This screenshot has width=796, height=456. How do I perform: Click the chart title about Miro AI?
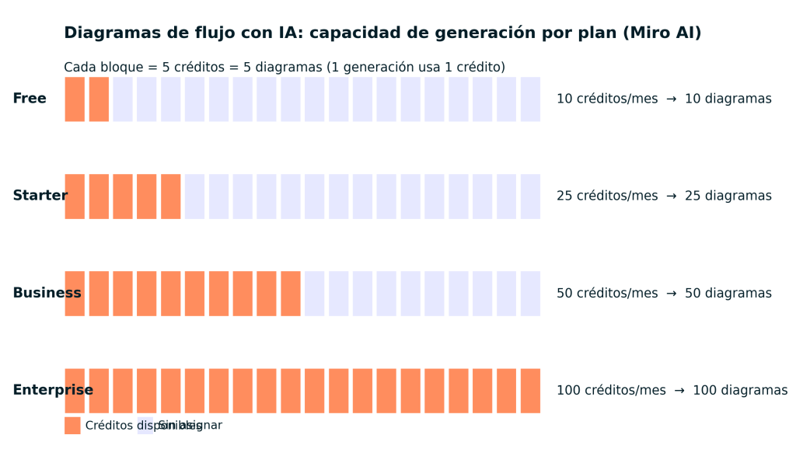[x=382, y=33]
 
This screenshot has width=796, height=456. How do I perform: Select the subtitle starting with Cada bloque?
[x=285, y=68]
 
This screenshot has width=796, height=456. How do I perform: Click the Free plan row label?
[x=30, y=99]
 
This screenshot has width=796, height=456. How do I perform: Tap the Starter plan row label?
[x=40, y=196]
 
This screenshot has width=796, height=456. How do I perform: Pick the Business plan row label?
[x=47, y=293]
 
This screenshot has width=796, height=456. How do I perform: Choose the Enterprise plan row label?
[x=53, y=390]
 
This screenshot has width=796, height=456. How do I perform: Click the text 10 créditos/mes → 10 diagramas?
[x=664, y=99]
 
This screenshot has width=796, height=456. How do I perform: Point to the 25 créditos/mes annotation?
[x=664, y=196]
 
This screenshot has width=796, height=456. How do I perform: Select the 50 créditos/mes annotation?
[x=664, y=293]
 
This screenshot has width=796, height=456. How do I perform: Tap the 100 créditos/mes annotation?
[x=672, y=390]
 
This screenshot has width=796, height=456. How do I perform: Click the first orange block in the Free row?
[x=75, y=99]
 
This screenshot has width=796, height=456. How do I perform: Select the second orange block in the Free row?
[x=99, y=99]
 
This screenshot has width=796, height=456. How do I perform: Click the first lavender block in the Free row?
[x=123, y=99]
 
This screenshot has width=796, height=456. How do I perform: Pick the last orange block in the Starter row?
[x=170, y=197]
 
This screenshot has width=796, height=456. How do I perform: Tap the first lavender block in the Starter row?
[x=194, y=197]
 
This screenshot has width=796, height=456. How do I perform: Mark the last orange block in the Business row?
[x=291, y=294]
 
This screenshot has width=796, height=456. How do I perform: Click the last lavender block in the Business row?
[x=530, y=294]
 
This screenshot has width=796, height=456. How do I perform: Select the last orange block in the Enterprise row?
[x=530, y=391]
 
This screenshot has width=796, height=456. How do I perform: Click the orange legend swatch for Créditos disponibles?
[x=72, y=426]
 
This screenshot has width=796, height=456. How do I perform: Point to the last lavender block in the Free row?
[x=530, y=99]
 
